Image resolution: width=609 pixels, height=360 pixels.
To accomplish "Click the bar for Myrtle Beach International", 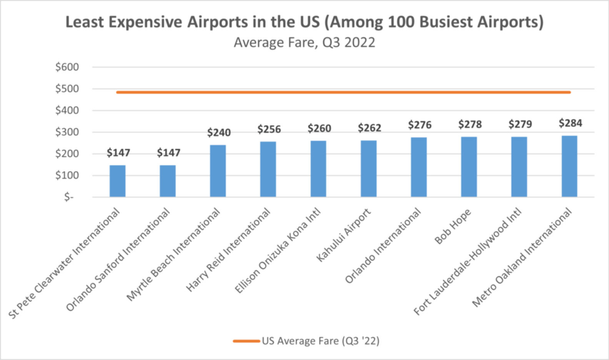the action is (218, 171).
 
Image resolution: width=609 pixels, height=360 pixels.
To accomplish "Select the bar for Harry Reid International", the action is (268, 169).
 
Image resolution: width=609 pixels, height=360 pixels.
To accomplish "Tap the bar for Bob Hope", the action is (469, 167).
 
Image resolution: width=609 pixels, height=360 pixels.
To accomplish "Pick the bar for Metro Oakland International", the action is (569, 166).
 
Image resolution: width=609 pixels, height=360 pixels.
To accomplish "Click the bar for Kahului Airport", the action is (369, 169).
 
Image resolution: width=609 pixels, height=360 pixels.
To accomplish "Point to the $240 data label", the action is (219, 133).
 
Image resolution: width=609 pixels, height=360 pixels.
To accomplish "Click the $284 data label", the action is (571, 123).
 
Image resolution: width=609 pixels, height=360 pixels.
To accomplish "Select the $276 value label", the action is (420, 125).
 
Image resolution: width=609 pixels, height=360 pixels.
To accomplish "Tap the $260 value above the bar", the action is (319, 128).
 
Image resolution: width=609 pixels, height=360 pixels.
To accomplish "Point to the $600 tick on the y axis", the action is (67, 67).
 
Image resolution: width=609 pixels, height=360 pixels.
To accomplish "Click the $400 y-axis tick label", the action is (67, 110).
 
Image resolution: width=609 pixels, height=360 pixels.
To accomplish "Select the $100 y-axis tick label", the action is (67, 176).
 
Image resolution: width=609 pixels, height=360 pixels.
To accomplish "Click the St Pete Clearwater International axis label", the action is (64, 263).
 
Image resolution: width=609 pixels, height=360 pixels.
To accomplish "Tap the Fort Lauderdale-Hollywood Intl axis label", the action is (468, 262).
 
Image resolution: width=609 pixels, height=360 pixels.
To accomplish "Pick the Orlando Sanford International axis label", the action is (118, 259).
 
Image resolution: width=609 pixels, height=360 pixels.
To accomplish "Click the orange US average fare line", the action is (343, 92).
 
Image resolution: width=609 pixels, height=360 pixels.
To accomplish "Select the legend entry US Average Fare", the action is (306, 341).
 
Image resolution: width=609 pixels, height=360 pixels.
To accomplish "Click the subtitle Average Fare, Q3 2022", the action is (304, 42).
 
